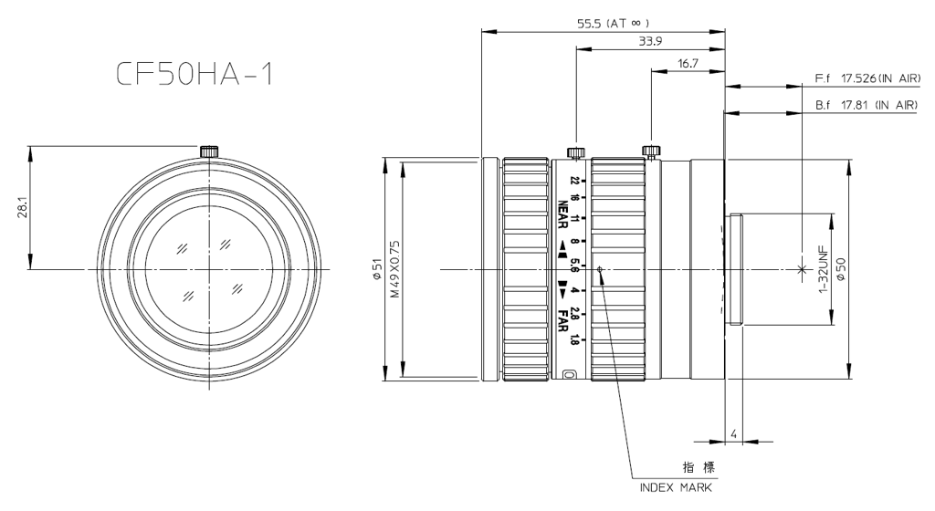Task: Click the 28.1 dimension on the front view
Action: click(20, 207)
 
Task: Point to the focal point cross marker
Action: click(802, 269)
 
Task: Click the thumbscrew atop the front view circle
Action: click(208, 150)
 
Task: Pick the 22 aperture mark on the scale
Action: click(574, 181)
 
